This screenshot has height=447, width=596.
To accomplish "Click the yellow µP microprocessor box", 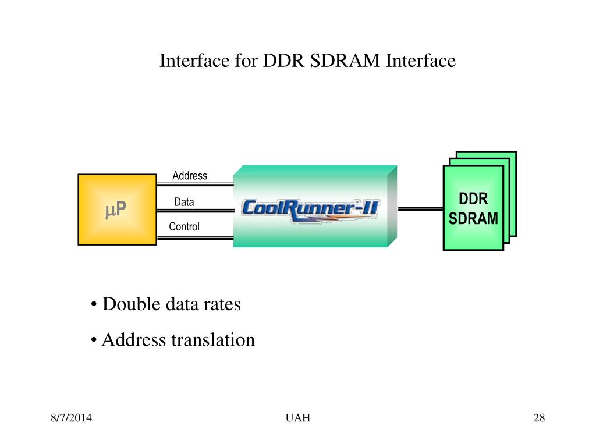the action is pos(117,210).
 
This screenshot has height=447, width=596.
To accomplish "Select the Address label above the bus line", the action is pos(190,176).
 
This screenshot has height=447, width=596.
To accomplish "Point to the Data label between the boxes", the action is pos(184,202).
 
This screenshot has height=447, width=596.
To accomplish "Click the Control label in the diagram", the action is pos(184,226).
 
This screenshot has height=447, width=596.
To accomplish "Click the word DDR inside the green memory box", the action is pos(473,199).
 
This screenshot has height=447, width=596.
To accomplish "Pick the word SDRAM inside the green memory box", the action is pos(473,219).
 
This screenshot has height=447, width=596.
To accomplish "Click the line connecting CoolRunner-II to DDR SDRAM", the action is pos(420,209).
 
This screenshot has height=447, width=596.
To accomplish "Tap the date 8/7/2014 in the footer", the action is pos(71,418).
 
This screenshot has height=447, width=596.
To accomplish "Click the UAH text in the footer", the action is pos(298,418).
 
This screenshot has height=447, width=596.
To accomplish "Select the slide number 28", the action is pos(539,418).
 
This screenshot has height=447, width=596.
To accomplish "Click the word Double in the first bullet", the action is pos(131,304).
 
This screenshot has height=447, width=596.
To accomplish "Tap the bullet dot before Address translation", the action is pos(94,340).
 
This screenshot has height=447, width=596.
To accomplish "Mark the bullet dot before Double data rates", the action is pos(94,304).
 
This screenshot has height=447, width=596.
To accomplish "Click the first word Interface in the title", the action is pos(194,61).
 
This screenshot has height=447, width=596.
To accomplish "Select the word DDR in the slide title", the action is pos(283,61).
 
